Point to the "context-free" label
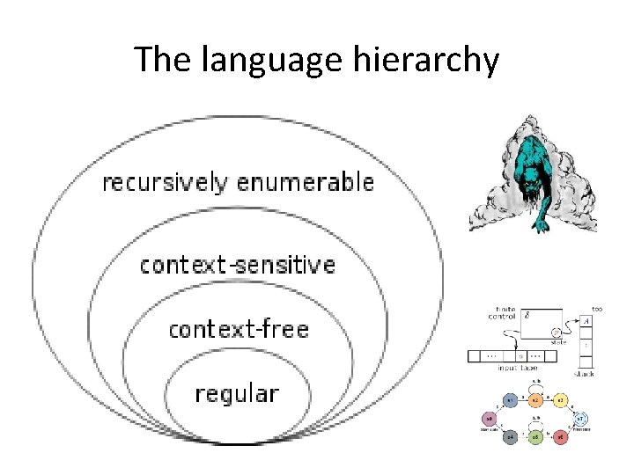(x=238, y=329)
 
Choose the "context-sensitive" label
(x=238, y=264)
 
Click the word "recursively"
(x=165, y=183)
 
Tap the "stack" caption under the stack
(x=585, y=373)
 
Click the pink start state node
(x=489, y=418)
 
